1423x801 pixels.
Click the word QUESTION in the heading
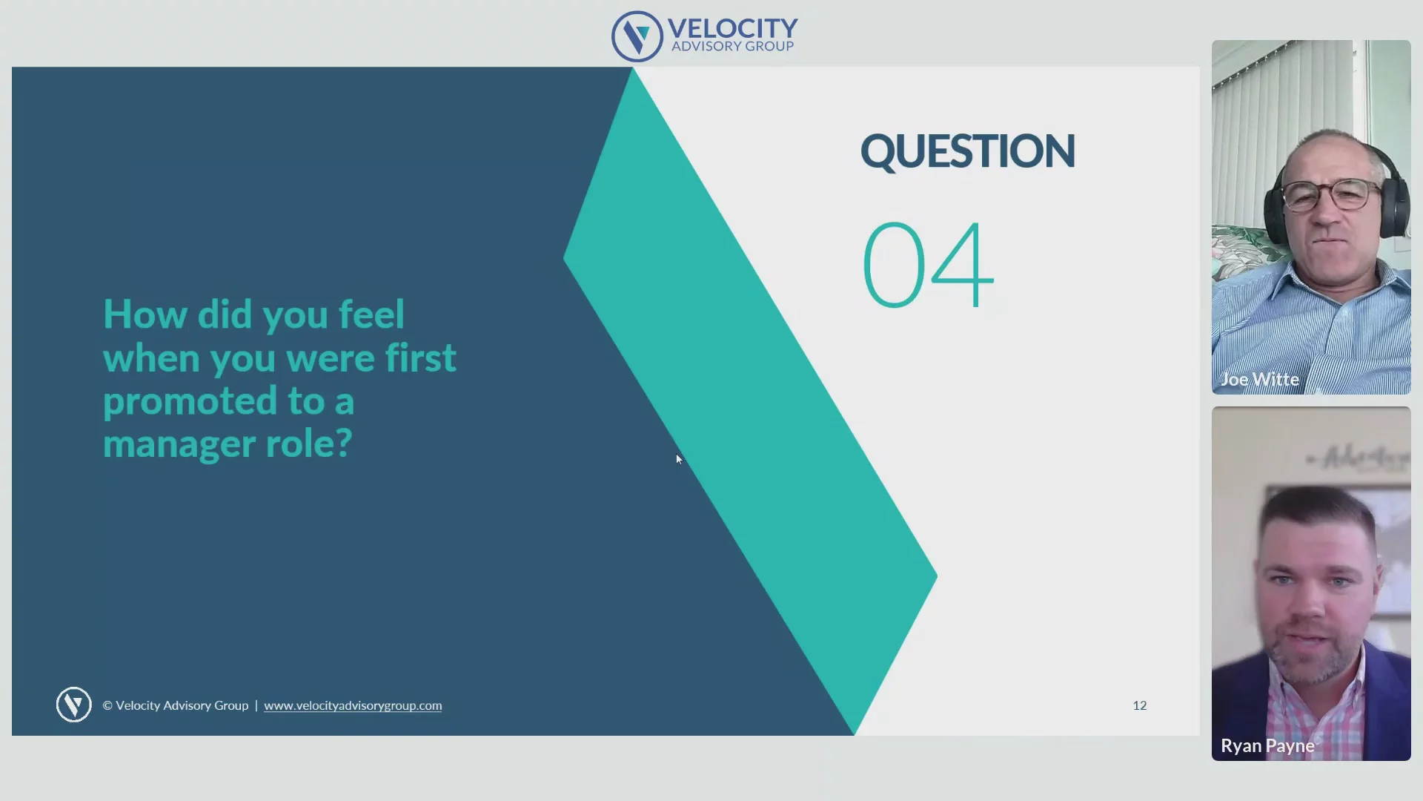coord(967,152)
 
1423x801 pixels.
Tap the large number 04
coord(928,265)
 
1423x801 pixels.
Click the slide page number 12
coord(1139,705)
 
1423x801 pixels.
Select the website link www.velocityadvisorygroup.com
coord(353,705)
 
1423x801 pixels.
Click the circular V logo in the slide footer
coord(73,705)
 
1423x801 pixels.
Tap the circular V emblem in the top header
coord(637,36)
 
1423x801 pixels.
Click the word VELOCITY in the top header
coord(732,28)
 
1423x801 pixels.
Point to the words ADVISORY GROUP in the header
coord(732,46)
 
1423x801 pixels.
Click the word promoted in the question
coord(190,402)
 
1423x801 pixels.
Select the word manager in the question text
coord(179,444)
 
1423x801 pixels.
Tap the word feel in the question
coord(371,314)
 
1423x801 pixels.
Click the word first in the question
coord(420,357)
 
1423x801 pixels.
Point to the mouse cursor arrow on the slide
coord(679,459)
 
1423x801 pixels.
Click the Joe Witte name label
coord(1259,380)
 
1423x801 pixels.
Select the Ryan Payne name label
coord(1267,745)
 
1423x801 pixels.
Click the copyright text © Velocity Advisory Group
coord(175,705)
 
